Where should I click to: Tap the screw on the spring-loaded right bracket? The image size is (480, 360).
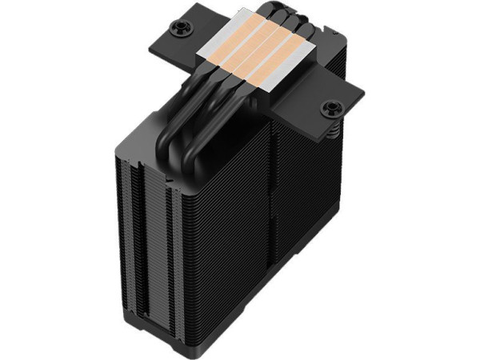[327, 106]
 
